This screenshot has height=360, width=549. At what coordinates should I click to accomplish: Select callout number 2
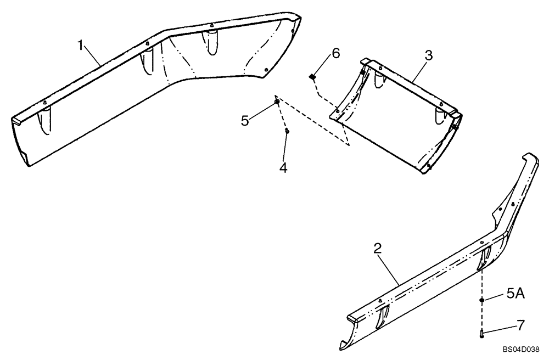(x=377, y=249)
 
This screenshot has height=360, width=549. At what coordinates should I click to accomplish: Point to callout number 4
(x=283, y=167)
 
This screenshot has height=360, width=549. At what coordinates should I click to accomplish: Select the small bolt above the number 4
(x=287, y=131)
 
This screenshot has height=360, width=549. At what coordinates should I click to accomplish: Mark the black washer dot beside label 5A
(x=481, y=300)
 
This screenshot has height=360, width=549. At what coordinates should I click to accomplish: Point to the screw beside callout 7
(x=481, y=333)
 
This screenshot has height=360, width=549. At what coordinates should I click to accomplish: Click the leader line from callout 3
(x=417, y=69)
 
